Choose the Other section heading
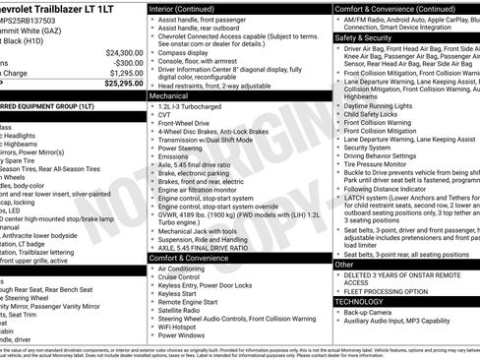[345, 265]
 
